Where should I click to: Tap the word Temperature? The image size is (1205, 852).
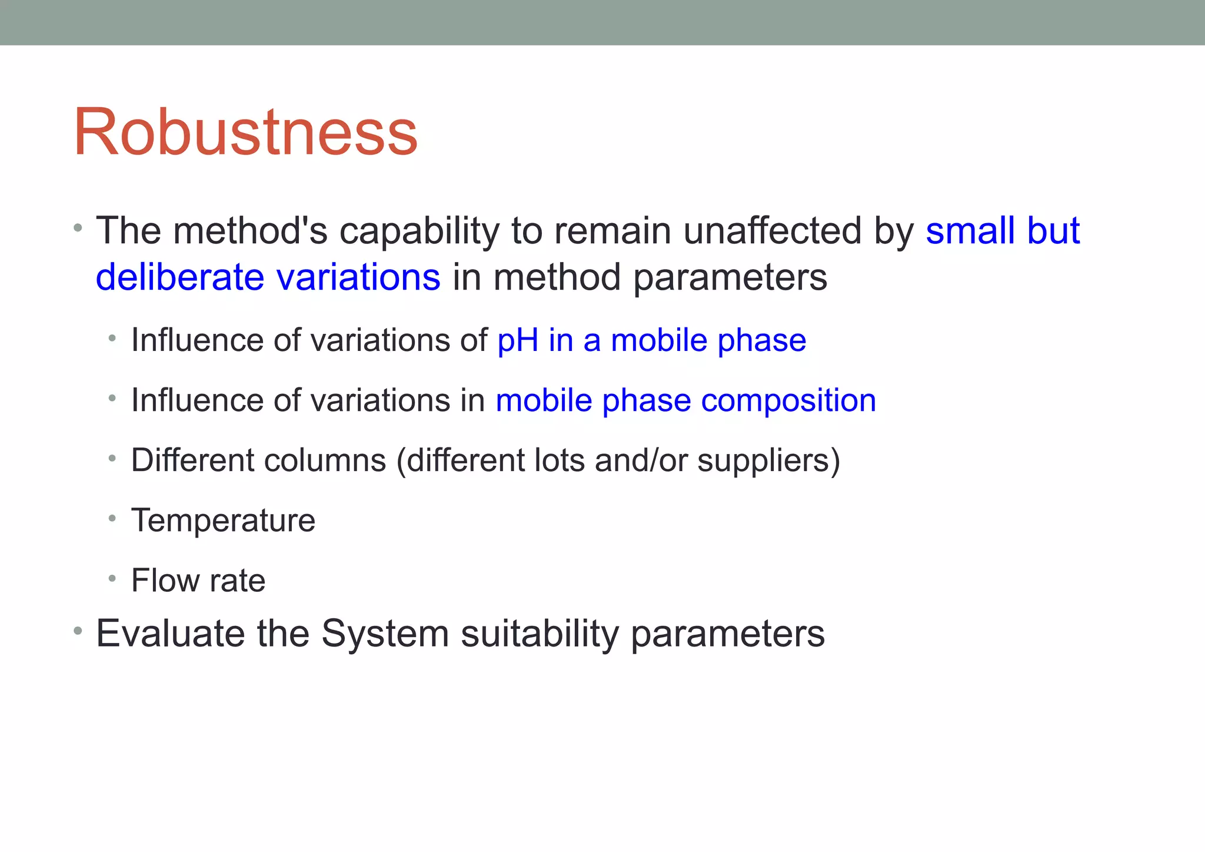[223, 521]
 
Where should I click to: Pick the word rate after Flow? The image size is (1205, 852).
[238, 581]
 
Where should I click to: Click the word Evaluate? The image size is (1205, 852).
[170, 634]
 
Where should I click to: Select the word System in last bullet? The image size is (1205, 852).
[385, 634]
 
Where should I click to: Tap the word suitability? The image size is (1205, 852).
[540, 634]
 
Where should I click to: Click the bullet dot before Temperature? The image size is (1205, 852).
[112, 519]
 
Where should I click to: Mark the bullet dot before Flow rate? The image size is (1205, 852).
[112, 579]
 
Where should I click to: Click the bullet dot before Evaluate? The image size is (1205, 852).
[78, 632]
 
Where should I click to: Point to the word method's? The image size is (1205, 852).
[250, 231]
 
